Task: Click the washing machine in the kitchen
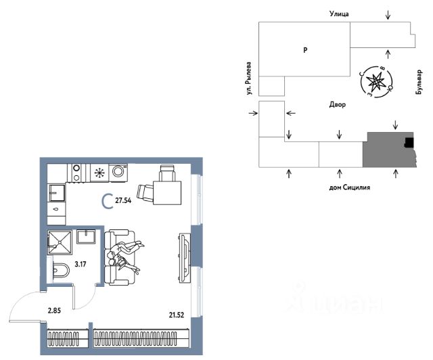(118, 173)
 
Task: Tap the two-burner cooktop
(76, 173)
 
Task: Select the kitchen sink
(57, 193)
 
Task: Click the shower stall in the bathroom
(60, 242)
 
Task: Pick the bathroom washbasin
(86, 237)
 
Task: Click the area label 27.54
(123, 200)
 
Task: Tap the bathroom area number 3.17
(81, 264)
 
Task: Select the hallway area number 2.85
(54, 311)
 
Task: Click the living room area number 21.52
(177, 315)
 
